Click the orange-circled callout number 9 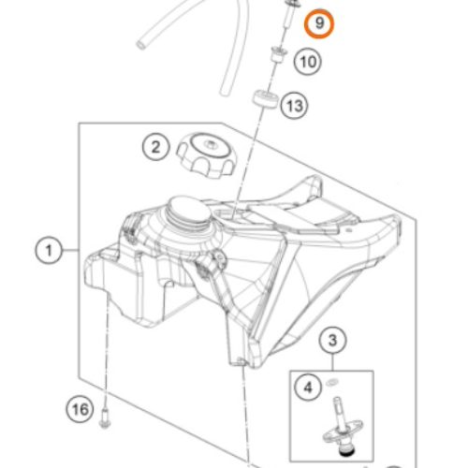[319, 24]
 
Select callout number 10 [308, 62]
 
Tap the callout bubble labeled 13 [294, 106]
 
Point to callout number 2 [156, 147]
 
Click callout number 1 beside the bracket [49, 250]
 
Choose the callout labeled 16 [80, 409]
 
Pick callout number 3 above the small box [333, 340]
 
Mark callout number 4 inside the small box [308, 388]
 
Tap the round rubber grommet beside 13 [265, 99]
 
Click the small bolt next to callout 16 [105, 418]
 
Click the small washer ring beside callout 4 [333, 381]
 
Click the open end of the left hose [141, 45]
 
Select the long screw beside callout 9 [290, 15]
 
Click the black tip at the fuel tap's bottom [345, 453]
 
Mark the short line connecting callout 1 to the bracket [70, 250]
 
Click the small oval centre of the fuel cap [210, 144]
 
